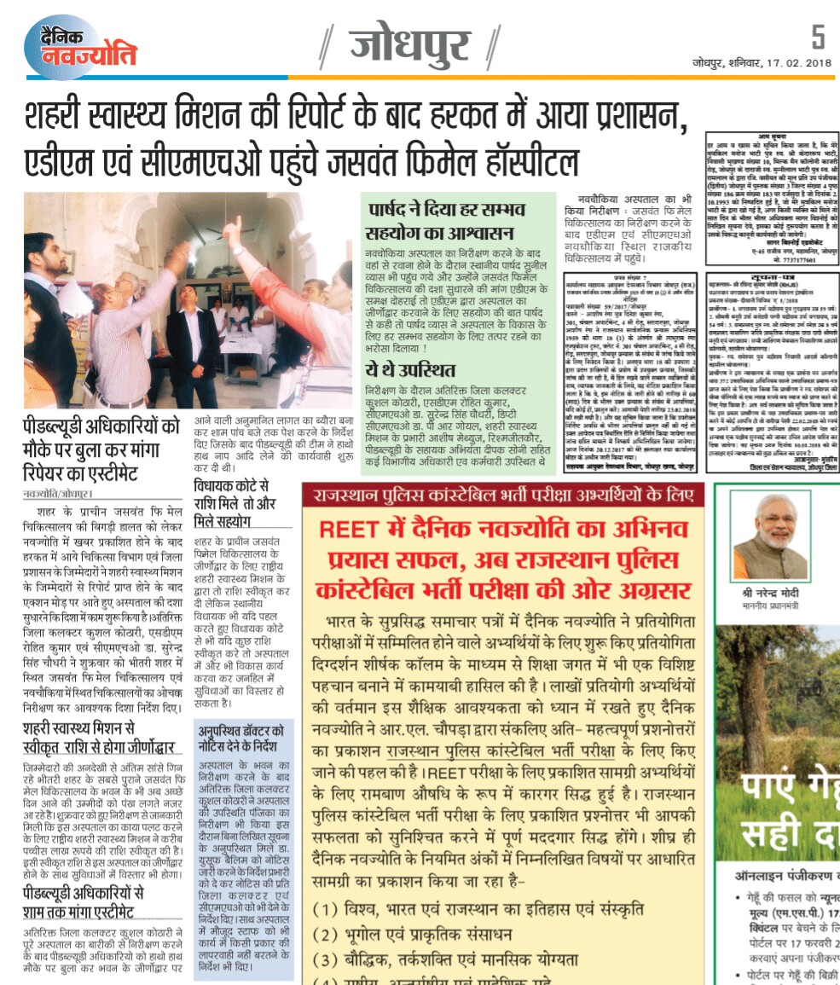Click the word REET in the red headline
(x=349, y=529)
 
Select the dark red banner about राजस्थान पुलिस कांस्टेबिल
(x=503, y=493)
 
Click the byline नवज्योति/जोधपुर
(x=59, y=494)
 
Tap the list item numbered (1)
(x=478, y=908)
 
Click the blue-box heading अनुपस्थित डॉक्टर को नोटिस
(x=242, y=738)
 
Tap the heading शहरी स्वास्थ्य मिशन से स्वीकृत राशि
(x=98, y=737)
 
